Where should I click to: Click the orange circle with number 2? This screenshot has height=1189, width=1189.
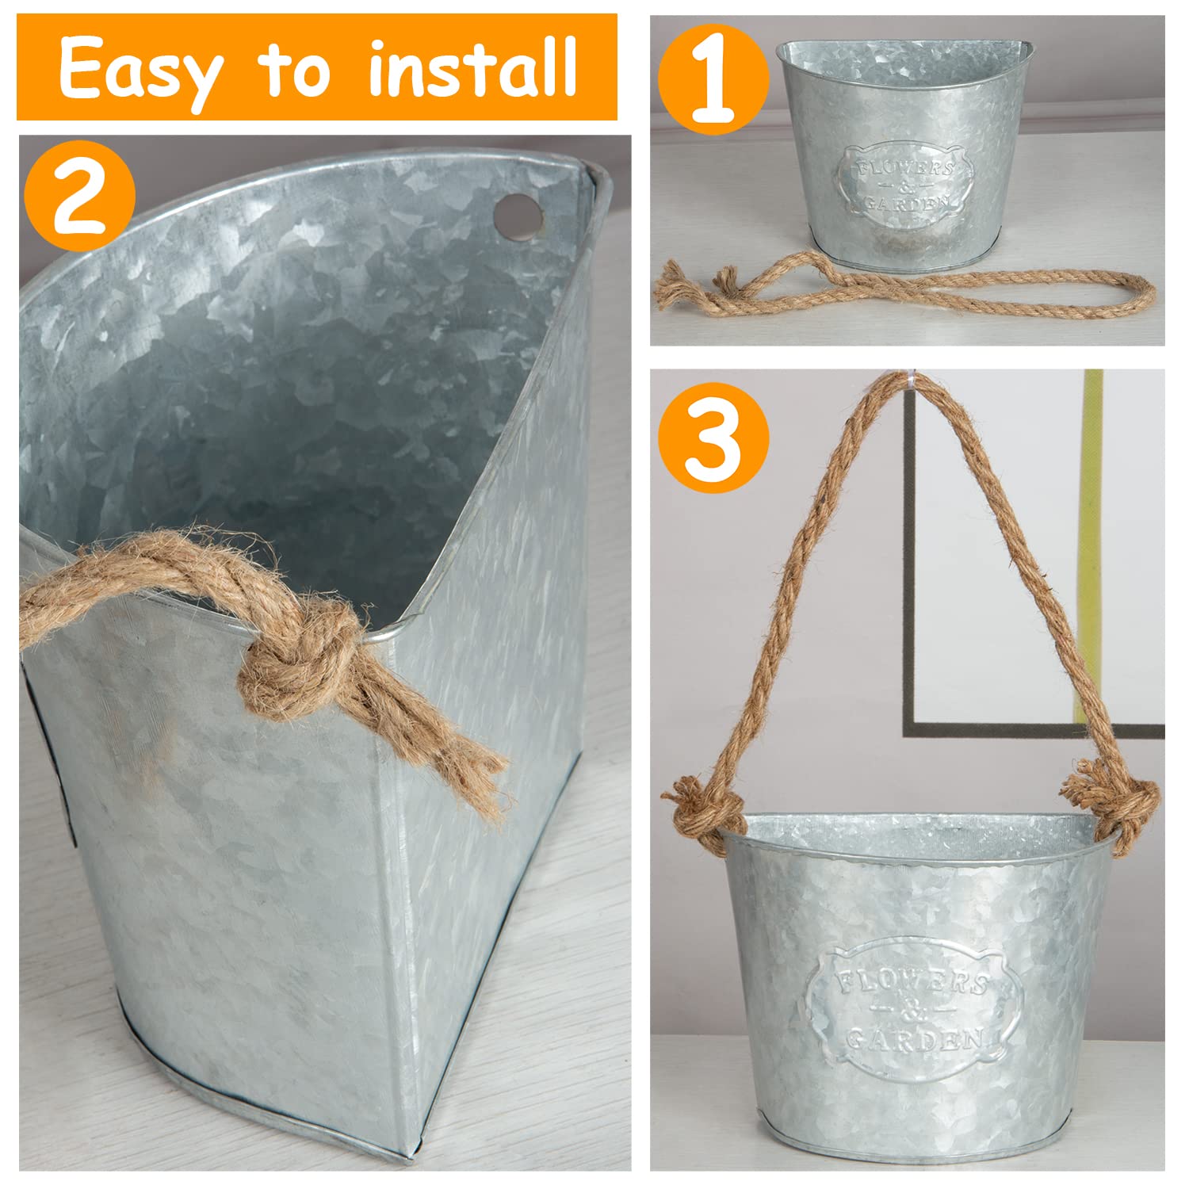tap(79, 196)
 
